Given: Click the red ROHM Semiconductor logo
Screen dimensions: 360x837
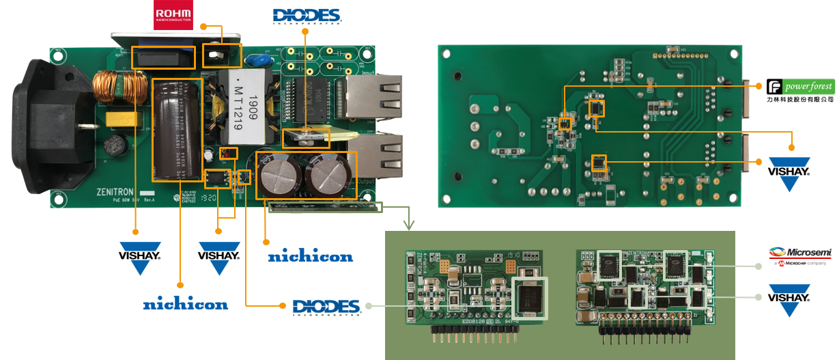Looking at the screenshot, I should coord(173,15).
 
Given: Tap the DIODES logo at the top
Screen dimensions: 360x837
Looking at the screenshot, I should coord(307,16).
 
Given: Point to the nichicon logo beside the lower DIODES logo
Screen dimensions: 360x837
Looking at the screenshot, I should coord(310,257).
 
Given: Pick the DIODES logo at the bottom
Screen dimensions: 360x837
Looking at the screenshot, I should coord(326,307).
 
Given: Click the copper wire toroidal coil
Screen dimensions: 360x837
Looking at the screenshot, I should coord(112,86).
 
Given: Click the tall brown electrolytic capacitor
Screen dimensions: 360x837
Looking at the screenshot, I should coord(176,130).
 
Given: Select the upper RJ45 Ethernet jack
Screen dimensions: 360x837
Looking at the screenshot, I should coord(372,94).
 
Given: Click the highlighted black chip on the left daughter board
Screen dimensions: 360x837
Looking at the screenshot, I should coord(529,298).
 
